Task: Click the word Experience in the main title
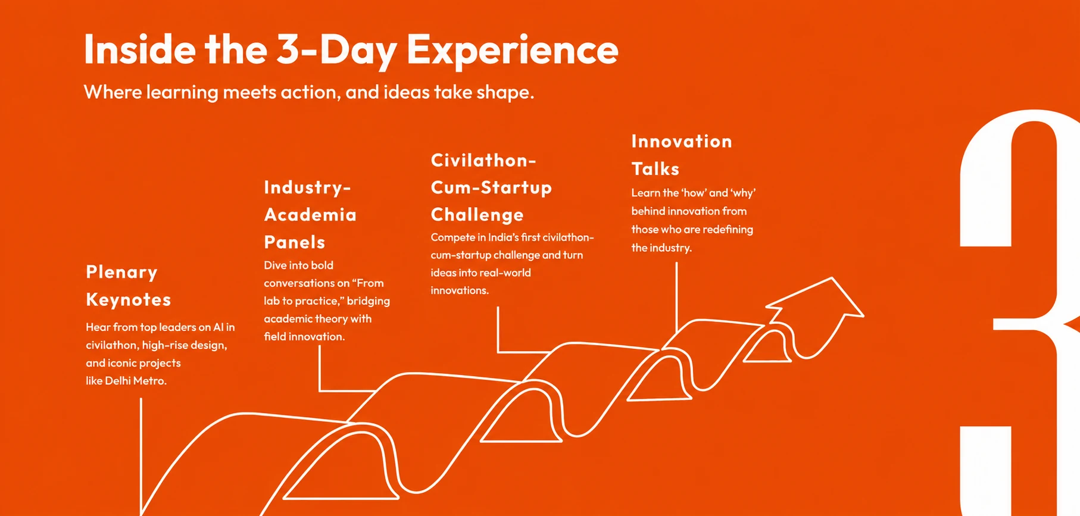click(513, 51)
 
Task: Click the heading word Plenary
click(121, 273)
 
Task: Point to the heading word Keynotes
click(129, 299)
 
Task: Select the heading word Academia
click(310, 215)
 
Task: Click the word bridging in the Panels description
click(369, 301)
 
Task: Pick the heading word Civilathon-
click(483, 160)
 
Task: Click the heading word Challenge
click(477, 215)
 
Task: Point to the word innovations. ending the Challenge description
click(460, 290)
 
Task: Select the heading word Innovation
click(682, 141)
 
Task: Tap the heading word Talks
click(656, 169)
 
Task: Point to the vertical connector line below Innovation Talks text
click(676, 298)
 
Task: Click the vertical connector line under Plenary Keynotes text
click(141, 457)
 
